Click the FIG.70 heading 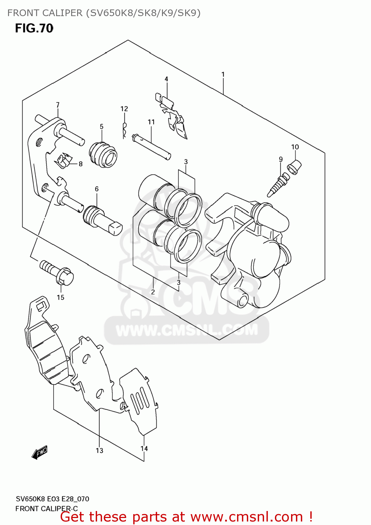(x=34, y=28)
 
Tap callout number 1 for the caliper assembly (x=223, y=75)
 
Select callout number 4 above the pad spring (x=166, y=79)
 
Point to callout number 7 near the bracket (x=58, y=105)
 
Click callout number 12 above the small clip (x=124, y=109)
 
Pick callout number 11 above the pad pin (x=151, y=122)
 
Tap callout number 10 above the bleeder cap (x=295, y=147)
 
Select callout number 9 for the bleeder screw (x=281, y=159)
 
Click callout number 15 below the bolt (x=61, y=297)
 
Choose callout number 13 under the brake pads (x=100, y=450)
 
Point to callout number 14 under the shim (x=144, y=449)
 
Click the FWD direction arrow (x=39, y=453)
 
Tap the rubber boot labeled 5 (x=103, y=154)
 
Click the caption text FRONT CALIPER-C (x=47, y=509)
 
